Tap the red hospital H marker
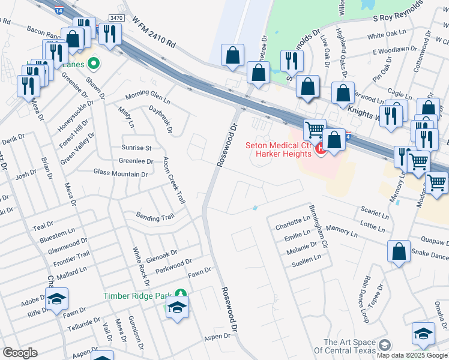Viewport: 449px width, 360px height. coord(320,148)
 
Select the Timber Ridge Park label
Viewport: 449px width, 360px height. coord(137,295)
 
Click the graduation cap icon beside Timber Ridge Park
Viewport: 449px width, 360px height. coord(177,308)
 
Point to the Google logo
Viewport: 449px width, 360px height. coord(20,353)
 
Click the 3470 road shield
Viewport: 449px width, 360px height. coord(116,19)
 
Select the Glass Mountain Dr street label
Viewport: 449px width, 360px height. coord(120,173)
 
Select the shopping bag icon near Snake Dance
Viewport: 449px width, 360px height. coord(399,252)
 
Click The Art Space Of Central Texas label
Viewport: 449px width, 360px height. coord(348,346)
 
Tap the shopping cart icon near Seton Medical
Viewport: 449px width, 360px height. coord(314,130)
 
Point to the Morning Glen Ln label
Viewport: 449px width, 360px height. coord(148,97)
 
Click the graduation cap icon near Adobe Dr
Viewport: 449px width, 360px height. coord(56,299)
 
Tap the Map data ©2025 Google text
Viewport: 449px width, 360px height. coord(412,355)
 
